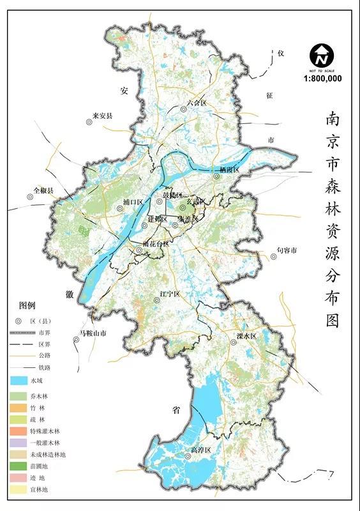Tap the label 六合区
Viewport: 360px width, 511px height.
[x=197, y=103]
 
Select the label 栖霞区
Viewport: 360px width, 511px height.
[x=229, y=170]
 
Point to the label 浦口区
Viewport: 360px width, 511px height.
[x=133, y=202]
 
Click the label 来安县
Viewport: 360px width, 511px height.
[x=102, y=116]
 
